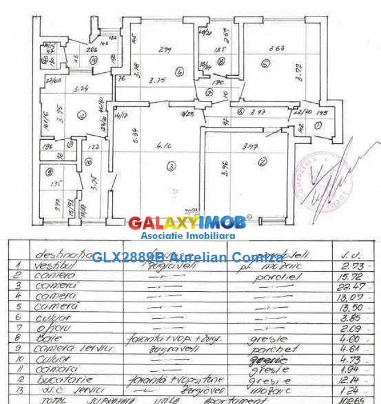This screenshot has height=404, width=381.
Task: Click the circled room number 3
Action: [x=171, y=166]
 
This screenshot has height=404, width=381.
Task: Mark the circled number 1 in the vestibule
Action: [x=317, y=125]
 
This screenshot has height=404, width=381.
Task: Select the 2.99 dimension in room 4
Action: [x=165, y=50]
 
